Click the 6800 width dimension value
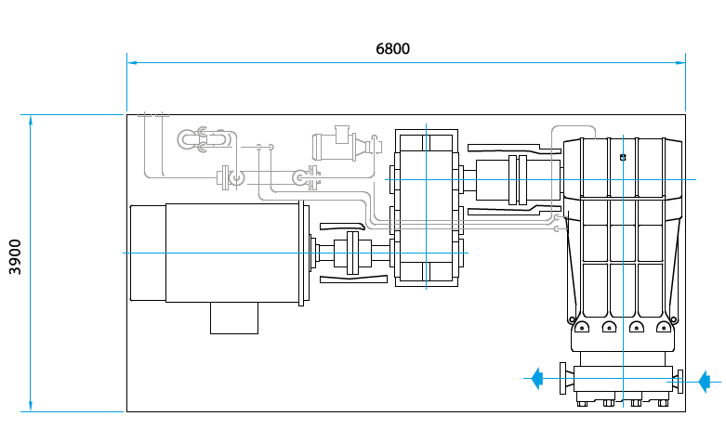(x=392, y=48)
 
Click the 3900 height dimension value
(x=15, y=256)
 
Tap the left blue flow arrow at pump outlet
(x=536, y=378)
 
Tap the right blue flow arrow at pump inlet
(x=704, y=382)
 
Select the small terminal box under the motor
(x=234, y=318)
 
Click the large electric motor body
(x=232, y=253)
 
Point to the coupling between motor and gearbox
(x=352, y=253)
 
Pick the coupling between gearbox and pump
(x=517, y=179)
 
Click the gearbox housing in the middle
(x=427, y=208)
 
